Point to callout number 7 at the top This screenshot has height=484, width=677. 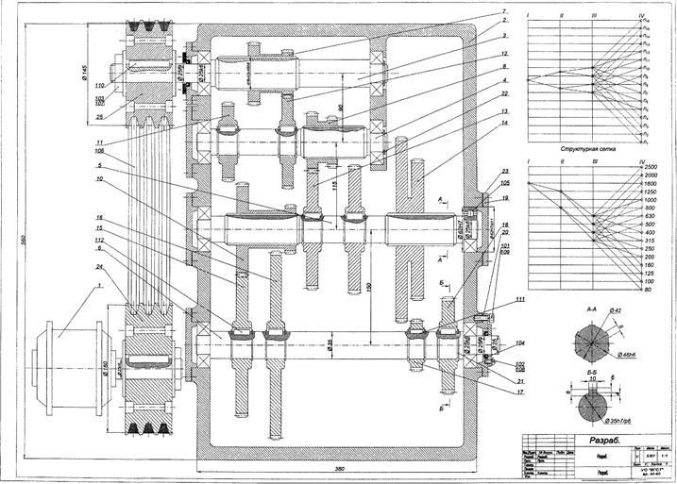pyautogui.click(x=479, y=11)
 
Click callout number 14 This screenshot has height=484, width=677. pyautogui.click(x=479, y=123)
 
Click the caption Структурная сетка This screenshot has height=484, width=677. pyautogui.click(x=587, y=149)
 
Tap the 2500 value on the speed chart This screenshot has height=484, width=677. pyautogui.click(x=651, y=167)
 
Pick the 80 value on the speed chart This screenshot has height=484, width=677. pyautogui.click(x=648, y=290)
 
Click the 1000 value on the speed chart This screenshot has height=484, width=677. pyautogui.click(x=650, y=200)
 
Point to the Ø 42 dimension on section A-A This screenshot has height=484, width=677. pyautogui.click(x=616, y=310)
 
